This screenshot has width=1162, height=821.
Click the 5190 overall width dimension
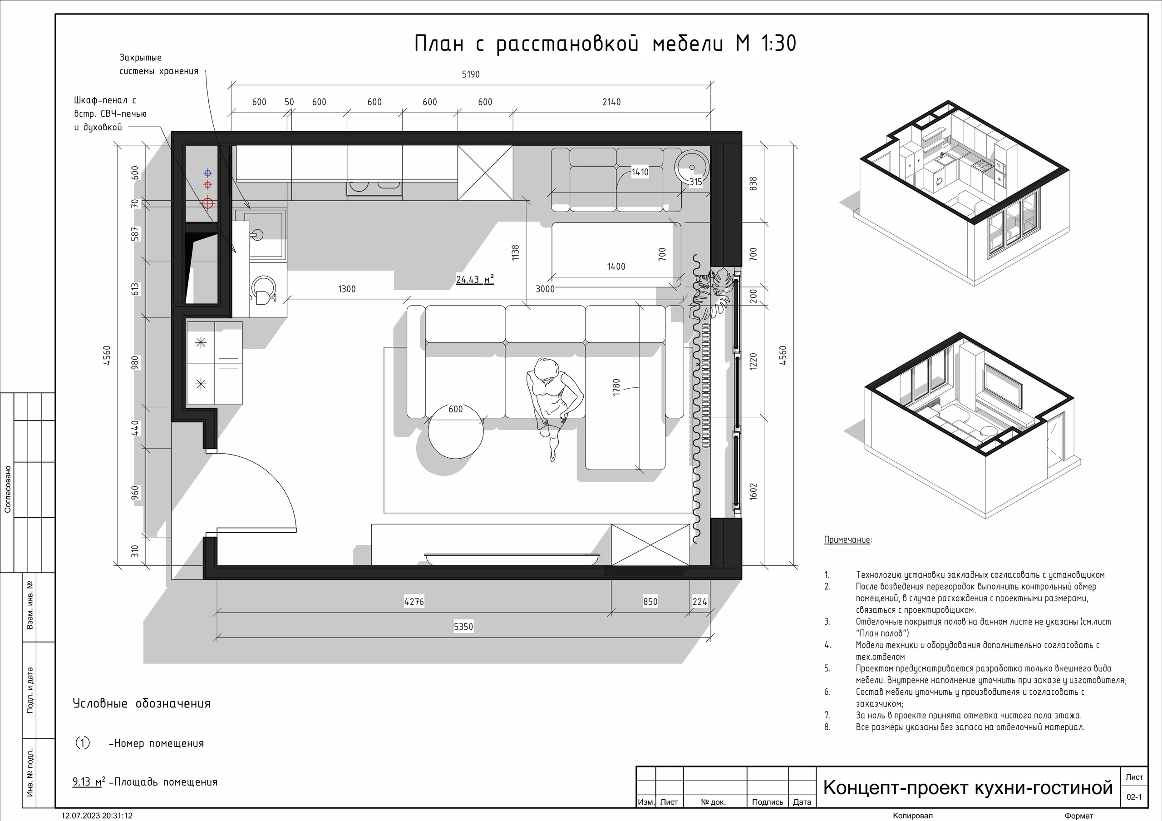[471, 74]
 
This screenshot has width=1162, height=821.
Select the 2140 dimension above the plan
[611, 102]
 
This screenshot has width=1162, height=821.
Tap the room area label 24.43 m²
[475, 279]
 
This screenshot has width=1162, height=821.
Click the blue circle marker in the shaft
[207, 173]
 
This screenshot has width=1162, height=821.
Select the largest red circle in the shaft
[207, 203]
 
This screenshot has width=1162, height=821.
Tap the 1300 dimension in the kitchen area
[347, 289]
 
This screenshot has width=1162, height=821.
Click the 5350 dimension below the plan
[463, 627]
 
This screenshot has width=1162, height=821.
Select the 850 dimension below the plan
[650, 602]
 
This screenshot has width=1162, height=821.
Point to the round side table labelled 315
[692, 167]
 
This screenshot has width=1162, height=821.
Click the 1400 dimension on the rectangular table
[616, 267]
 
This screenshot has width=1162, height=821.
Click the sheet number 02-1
[1134, 796]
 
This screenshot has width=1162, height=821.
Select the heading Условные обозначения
[142, 703]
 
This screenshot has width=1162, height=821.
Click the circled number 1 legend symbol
[83, 743]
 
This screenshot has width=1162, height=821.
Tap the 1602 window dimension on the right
[753, 491]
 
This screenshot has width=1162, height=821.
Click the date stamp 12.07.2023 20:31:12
[97, 816]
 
